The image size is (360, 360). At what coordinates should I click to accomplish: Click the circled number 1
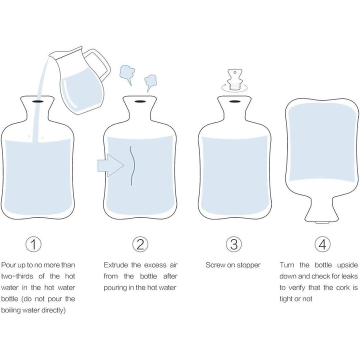point(33,244)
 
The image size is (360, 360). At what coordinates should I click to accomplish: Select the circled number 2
point(140,244)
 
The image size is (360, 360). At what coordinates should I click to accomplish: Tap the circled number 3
point(234,244)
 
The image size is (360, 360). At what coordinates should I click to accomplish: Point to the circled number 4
point(322,244)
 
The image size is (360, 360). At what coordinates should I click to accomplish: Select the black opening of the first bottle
point(38,101)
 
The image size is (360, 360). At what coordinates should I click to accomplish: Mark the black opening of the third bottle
point(234,101)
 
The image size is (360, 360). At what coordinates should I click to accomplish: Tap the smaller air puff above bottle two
point(150,82)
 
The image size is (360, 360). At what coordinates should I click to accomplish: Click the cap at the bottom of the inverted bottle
point(322,222)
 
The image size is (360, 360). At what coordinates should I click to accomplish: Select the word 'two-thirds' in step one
point(17,276)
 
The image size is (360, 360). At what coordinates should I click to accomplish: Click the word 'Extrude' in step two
point(115,265)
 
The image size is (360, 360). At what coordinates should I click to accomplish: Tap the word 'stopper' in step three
point(248,265)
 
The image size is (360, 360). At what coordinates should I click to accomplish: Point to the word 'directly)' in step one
point(53,310)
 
